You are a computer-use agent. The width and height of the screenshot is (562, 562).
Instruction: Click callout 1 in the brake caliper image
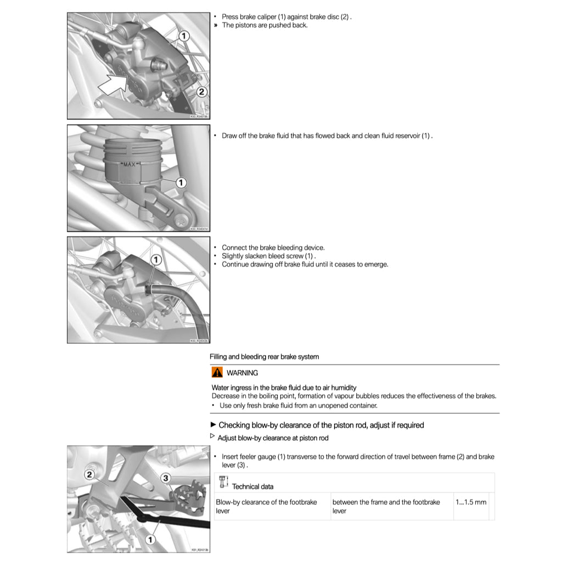click(x=185, y=36)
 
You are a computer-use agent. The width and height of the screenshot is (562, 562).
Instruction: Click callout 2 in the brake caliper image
click(x=201, y=92)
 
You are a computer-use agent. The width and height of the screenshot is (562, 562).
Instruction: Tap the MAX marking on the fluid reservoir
click(x=129, y=164)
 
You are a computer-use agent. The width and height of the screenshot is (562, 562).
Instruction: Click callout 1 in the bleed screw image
click(x=156, y=258)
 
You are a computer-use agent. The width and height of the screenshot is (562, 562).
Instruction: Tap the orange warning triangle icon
click(x=217, y=372)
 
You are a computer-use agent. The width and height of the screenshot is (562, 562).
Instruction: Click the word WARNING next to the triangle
click(x=242, y=373)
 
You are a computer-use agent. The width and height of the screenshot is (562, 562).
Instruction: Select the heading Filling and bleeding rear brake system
click(x=264, y=357)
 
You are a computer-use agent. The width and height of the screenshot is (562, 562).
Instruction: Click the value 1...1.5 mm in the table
click(x=471, y=502)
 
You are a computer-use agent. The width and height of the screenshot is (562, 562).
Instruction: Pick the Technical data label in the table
click(x=252, y=486)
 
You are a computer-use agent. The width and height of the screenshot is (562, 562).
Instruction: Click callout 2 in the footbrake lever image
click(x=90, y=474)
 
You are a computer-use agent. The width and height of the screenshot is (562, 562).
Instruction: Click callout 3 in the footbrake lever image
click(x=166, y=478)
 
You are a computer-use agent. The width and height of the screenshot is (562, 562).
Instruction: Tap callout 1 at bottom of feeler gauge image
click(x=150, y=540)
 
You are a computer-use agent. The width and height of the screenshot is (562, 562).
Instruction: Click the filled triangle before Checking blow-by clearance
click(x=213, y=425)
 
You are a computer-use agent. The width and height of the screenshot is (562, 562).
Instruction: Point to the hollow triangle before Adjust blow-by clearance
click(x=213, y=436)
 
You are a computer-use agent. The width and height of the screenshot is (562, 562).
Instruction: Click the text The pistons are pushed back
click(x=265, y=25)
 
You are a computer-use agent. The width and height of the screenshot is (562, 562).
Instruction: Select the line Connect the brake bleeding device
click(x=273, y=248)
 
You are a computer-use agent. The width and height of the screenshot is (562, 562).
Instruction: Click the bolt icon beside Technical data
click(x=223, y=482)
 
